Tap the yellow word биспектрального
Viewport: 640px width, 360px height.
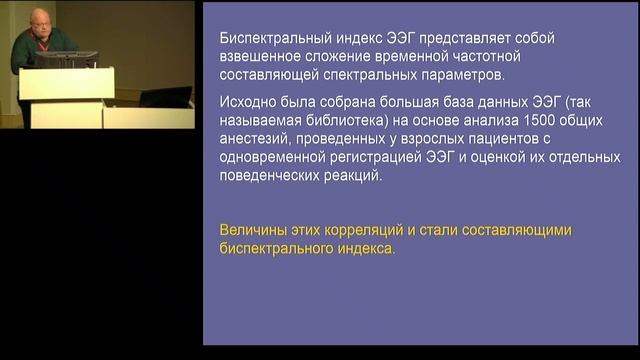click(x=283, y=249)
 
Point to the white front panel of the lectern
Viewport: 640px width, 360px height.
click(x=66, y=84)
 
